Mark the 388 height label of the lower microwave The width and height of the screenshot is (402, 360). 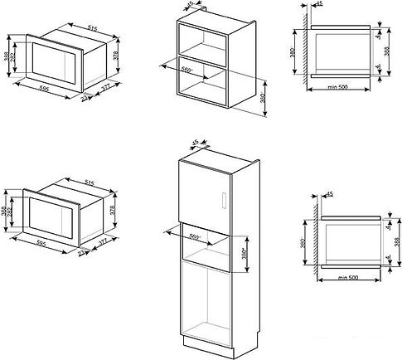5,212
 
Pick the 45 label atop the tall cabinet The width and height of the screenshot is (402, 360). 195,143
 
